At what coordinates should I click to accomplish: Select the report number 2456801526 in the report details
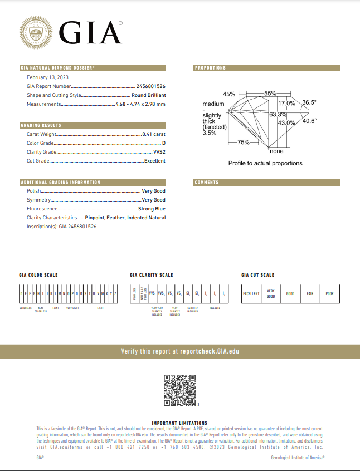click(x=150, y=86)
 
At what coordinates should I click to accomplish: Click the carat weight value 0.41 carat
click(x=154, y=134)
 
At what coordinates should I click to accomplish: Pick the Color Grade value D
click(x=164, y=143)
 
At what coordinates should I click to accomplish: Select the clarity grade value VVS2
click(x=159, y=152)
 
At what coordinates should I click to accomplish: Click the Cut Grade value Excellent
click(x=155, y=161)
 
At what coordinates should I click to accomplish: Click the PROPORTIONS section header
click(x=211, y=68)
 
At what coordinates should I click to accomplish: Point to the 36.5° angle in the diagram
click(x=309, y=102)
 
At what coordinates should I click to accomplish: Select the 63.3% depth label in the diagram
click(x=277, y=114)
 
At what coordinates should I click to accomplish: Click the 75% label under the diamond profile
click(x=243, y=143)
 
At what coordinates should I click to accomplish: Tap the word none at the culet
click(x=276, y=151)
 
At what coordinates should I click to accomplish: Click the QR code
click(x=179, y=390)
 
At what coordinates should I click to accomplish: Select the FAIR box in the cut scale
click(x=310, y=293)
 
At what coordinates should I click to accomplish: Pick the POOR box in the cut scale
click(x=329, y=293)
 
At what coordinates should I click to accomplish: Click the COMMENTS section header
click(x=207, y=182)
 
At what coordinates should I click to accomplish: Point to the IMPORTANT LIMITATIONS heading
click(x=179, y=423)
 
